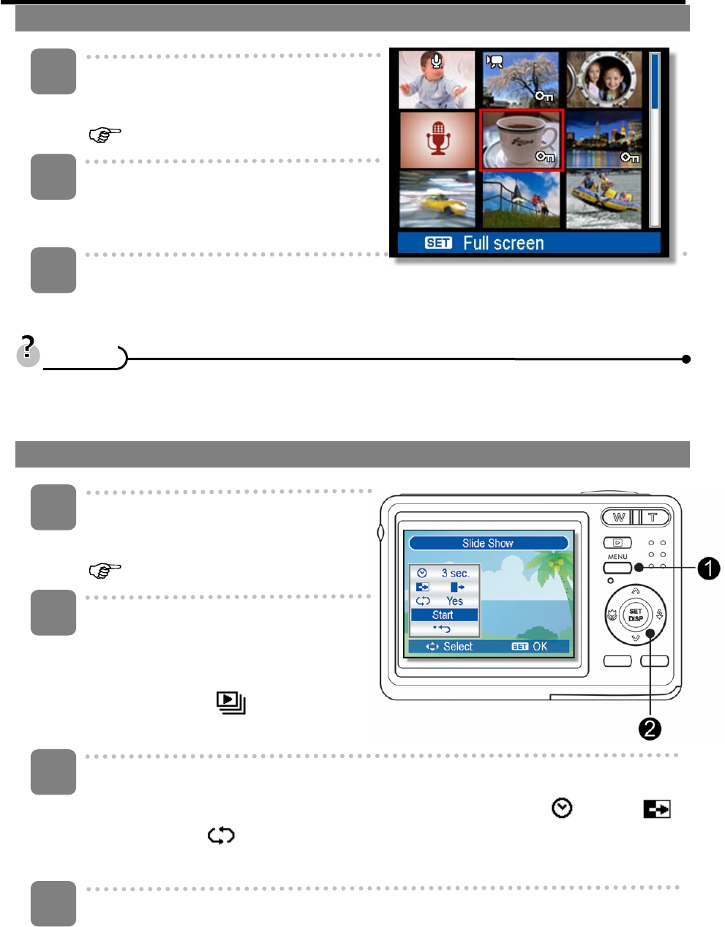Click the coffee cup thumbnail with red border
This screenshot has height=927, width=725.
[x=520, y=140]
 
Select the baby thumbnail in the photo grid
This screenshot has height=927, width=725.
[x=437, y=80]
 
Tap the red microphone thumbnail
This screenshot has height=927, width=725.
[x=437, y=139]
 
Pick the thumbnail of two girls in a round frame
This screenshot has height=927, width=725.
[x=604, y=80]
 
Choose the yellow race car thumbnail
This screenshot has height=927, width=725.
[x=437, y=199]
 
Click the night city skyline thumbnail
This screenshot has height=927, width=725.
[x=604, y=139]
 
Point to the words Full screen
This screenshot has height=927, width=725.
[x=503, y=243]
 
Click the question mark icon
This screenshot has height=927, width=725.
[x=29, y=350]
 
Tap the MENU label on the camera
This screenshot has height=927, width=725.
[x=617, y=557]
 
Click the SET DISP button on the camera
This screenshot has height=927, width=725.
[x=635, y=615]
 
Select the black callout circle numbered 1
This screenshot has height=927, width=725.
[x=708, y=568]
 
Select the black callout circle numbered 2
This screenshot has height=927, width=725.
[x=650, y=728]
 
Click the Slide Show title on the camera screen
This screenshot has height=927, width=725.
[x=488, y=543]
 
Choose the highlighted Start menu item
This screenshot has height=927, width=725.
[x=443, y=615]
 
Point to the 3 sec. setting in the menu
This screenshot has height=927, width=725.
[x=455, y=573]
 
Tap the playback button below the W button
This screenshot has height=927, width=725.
[x=617, y=543]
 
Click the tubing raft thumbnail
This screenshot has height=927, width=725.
[x=604, y=199]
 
